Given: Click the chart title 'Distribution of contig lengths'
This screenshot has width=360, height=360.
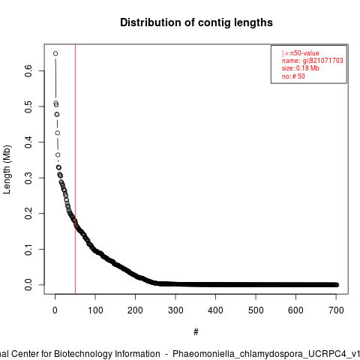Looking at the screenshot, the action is click(x=196, y=22).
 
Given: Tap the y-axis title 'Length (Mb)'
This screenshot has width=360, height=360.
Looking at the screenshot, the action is click(x=7, y=169).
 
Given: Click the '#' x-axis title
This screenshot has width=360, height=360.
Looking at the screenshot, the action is click(x=196, y=332).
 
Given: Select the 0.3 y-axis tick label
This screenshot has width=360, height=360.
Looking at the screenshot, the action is click(x=28, y=178).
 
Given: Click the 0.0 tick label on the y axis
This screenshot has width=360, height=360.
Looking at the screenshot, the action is click(x=28, y=285).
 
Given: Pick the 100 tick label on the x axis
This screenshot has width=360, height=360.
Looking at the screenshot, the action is click(x=95, y=310).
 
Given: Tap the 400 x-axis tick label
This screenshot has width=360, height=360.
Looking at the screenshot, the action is click(x=215, y=310).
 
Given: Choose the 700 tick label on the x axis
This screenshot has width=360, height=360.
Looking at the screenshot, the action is click(x=336, y=310).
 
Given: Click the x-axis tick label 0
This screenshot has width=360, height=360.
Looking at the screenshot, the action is click(x=55, y=310).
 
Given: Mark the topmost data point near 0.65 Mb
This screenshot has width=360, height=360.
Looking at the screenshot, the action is click(x=55, y=53).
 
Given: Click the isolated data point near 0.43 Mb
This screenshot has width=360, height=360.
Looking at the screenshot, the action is click(x=58, y=133).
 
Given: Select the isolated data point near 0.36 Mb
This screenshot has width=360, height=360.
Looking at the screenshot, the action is click(x=58, y=155).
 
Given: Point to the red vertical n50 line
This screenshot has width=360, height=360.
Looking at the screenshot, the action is click(x=75, y=169).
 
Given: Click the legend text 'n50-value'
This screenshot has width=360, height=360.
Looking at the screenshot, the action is click(x=304, y=53).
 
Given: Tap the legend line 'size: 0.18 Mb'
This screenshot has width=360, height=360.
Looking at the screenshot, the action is click(x=301, y=68).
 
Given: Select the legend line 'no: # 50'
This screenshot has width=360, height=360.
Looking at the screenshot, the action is click(x=293, y=76).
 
